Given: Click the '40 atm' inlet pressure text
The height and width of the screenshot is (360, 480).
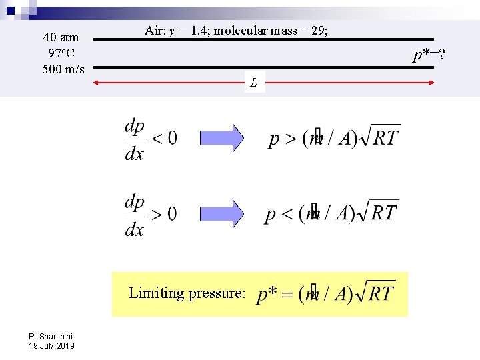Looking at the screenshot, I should tap(61, 37).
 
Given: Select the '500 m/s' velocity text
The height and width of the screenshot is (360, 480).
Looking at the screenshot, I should tap(63, 68).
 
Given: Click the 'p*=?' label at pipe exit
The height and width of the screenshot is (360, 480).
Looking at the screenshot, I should tap(429, 54).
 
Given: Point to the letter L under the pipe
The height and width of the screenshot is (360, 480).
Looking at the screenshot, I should tap(254, 83).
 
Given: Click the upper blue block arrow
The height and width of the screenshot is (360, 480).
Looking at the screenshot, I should tap(223, 138).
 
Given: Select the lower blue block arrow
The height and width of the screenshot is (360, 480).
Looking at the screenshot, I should tap(223, 213).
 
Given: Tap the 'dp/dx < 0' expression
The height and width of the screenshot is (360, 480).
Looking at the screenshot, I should tap(150, 139).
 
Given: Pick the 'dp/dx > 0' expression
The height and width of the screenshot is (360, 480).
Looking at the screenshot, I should tap(150, 215).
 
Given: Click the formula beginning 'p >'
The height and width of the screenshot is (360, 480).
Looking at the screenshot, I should tap(334, 137).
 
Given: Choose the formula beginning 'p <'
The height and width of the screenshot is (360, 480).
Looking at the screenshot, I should tap(331, 213).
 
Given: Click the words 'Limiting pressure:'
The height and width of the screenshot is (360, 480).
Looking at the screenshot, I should tap(187, 293).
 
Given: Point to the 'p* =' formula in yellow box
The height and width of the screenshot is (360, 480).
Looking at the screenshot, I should tap(326, 293).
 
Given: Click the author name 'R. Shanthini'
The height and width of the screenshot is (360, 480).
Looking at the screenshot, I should tap(51, 337).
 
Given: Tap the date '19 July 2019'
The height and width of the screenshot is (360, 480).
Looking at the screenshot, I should tap(51, 346).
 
